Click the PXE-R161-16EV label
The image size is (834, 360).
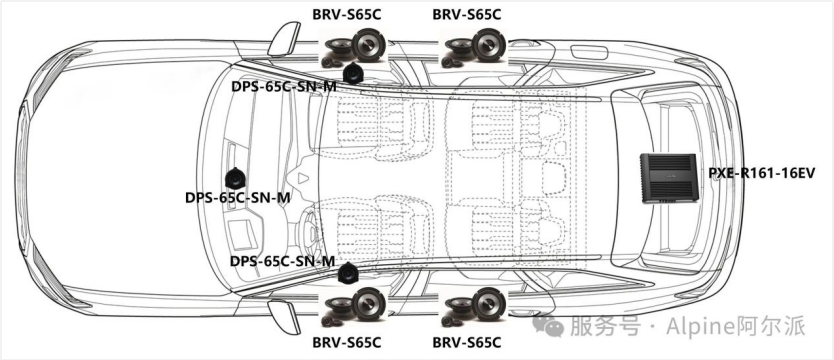coord(761,173)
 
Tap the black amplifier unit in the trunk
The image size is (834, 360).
coord(668,178)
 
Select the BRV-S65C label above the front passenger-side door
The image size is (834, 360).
coord(347,14)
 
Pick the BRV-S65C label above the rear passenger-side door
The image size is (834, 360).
coord(466,14)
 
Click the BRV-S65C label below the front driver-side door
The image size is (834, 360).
coord(347,342)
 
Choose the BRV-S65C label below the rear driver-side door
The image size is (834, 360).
coord(466,342)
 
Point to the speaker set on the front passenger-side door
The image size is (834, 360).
coord(354,47)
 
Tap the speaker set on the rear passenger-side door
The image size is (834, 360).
coord(474,47)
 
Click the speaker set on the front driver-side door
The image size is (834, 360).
coord(354,307)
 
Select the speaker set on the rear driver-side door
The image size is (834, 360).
coord(474,307)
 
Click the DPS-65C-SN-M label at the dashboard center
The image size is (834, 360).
coord(238,198)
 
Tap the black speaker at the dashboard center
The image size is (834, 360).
coord(235,178)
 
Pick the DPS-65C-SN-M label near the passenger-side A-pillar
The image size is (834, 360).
coord(283,86)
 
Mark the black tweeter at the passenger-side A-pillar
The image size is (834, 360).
coord(352,73)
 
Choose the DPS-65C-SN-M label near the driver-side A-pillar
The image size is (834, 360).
coord(282,262)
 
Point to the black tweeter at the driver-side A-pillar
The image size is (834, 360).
coord(348,273)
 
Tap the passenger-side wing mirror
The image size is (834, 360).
coord(283,39)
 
